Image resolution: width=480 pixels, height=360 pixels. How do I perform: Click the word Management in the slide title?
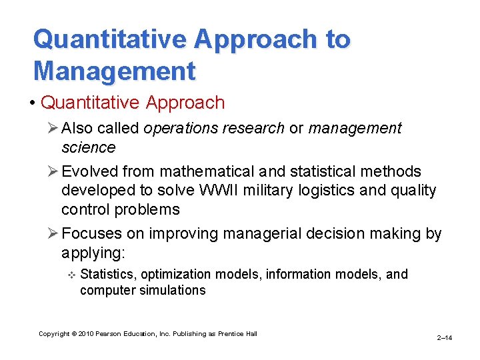pyautogui.click(x=114, y=71)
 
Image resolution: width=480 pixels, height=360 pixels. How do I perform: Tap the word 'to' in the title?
pyautogui.click(x=337, y=39)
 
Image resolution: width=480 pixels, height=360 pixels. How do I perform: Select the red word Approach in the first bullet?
pyautogui.click(x=182, y=103)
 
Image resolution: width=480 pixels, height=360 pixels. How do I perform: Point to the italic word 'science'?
pyautogui.click(x=88, y=147)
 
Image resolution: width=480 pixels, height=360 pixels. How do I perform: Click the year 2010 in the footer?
pyautogui.click(x=87, y=333)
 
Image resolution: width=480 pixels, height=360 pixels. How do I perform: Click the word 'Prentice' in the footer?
pyautogui.click(x=233, y=333)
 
